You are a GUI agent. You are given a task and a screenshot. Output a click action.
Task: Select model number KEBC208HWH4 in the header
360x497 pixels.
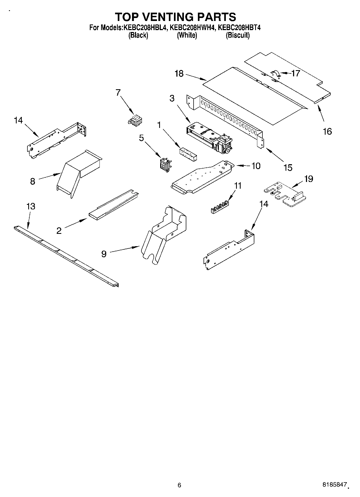pyautogui.click(x=193, y=27)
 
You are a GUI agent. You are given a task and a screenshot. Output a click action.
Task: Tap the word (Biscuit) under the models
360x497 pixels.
pyautogui.click(x=238, y=35)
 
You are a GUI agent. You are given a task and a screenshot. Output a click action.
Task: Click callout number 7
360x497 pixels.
pyautogui.click(x=118, y=92)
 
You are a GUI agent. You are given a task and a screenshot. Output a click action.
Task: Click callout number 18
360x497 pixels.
pyautogui.click(x=179, y=73)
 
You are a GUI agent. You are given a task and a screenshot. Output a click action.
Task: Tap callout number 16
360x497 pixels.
pyautogui.click(x=327, y=131)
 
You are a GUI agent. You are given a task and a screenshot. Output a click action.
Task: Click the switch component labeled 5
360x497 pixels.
pyautogui.click(x=165, y=163)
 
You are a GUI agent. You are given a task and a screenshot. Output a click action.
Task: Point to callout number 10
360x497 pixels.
pyautogui.click(x=256, y=166)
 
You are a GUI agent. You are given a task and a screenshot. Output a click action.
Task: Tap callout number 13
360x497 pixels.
pyautogui.click(x=31, y=206)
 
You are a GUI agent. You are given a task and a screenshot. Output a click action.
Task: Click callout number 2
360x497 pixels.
pyautogui.click(x=59, y=230)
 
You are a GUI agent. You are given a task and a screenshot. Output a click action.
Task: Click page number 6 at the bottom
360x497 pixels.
pyautogui.click(x=179, y=485)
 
